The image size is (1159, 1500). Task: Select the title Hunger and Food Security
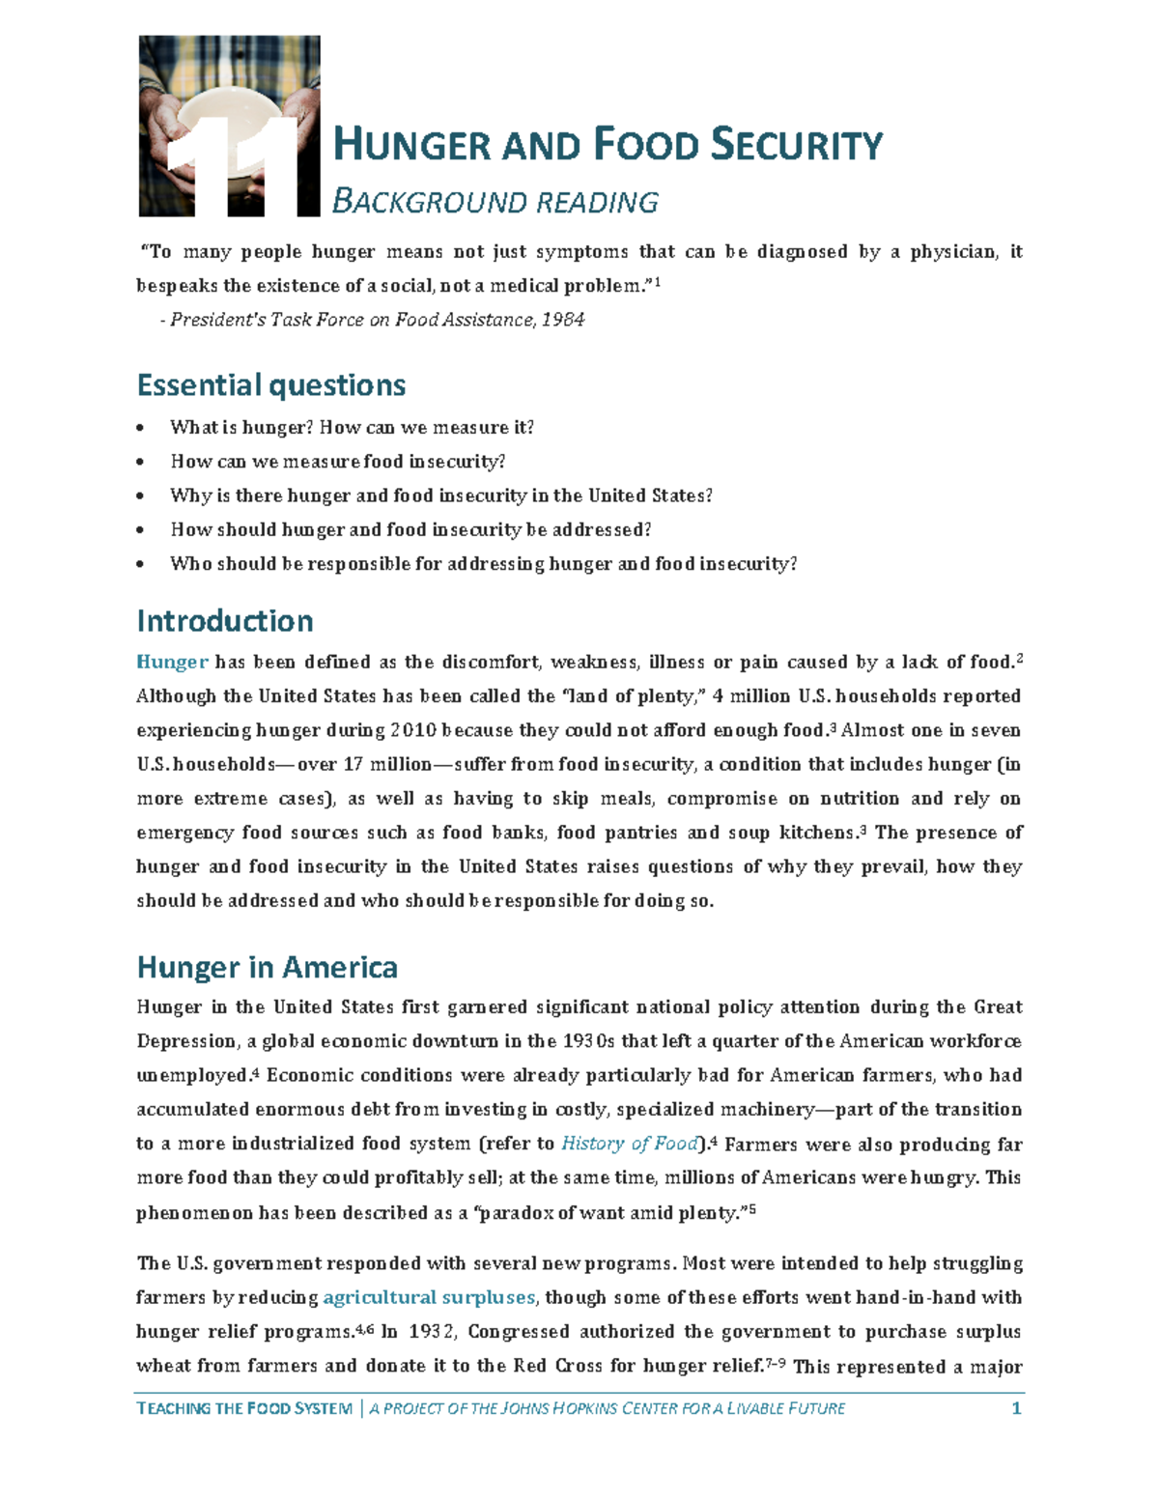607,146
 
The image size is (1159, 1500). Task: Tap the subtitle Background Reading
495,202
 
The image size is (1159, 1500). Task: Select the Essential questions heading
270,384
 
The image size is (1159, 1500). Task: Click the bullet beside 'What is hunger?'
142,428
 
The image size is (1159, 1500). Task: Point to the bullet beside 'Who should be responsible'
142,564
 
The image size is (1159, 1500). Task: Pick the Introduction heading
224,620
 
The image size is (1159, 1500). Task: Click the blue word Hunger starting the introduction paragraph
172,663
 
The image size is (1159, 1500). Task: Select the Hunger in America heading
267,967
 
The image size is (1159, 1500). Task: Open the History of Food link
630,1144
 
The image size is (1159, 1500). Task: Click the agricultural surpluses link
429,1297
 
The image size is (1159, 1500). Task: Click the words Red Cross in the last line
551,1366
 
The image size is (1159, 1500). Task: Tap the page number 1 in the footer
1015,1408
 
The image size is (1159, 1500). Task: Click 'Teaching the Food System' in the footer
244,1408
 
